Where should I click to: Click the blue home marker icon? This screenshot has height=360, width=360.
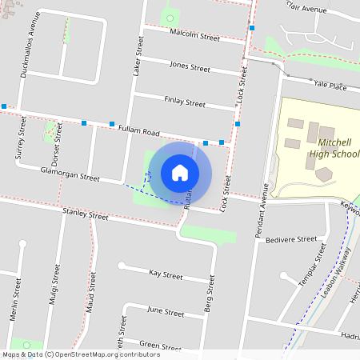click(x=180, y=172)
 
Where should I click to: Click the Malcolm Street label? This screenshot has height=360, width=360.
click(x=195, y=36)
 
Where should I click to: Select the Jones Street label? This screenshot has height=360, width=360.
click(x=190, y=65)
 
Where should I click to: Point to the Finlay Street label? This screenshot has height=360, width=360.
click(x=185, y=102)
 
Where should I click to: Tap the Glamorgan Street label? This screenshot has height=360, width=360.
click(x=70, y=174)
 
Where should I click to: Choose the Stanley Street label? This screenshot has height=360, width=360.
click(x=85, y=214)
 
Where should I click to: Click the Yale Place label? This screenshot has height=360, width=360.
click(x=330, y=86)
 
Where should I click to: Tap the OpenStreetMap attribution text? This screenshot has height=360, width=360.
click(x=81, y=354)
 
